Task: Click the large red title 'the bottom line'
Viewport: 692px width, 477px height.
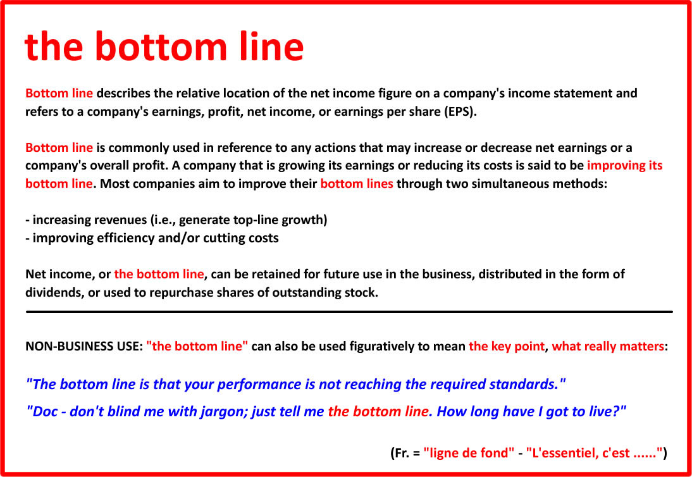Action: (164, 46)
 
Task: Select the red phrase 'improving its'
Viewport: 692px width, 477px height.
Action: (624, 166)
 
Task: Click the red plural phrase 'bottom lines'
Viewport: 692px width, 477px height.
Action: (357, 183)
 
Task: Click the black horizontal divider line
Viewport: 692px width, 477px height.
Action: (349, 312)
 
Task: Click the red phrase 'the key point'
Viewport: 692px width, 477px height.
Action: (506, 347)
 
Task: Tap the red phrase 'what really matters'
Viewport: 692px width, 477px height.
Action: (608, 347)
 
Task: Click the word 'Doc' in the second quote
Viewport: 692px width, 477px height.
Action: (43, 412)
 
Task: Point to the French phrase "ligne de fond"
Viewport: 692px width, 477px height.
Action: (469, 453)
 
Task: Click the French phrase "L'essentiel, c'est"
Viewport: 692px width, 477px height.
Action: (579, 453)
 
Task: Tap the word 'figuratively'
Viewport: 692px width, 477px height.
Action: (386, 347)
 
